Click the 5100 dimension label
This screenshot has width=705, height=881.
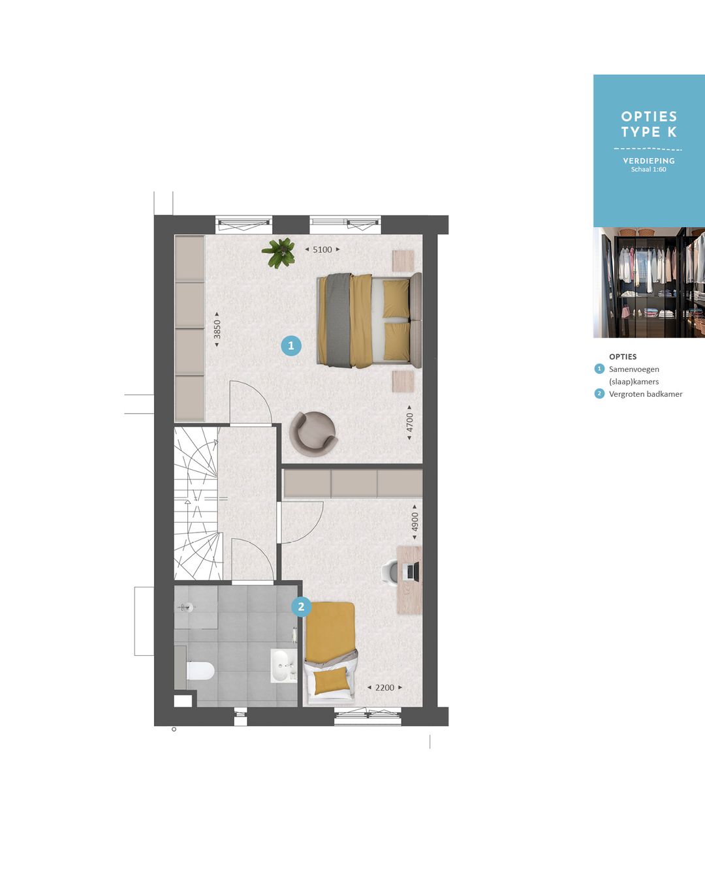coord(322,249)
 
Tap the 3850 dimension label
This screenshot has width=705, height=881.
coord(217,328)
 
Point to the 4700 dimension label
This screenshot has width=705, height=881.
coord(410,422)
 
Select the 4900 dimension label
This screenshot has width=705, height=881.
coord(415,522)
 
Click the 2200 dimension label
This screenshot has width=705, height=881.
coord(384,687)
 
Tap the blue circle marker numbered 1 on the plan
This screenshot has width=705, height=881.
coord(291,345)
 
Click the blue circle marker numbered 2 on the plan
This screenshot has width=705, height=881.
coord(301,606)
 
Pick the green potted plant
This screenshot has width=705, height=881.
coord(279,252)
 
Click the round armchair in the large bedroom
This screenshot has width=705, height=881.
coord(313,433)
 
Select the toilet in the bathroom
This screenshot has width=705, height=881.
coord(200,670)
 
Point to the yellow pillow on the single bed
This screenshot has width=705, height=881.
coord(331,681)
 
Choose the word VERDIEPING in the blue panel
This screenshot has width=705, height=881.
coord(649,161)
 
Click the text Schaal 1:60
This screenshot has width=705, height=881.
coord(649,170)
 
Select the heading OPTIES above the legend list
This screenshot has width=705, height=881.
coord(623,356)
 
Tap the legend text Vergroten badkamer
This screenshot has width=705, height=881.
coord(646,394)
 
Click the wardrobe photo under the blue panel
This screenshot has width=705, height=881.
coord(649,282)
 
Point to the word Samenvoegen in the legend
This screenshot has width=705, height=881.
coord(634,369)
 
